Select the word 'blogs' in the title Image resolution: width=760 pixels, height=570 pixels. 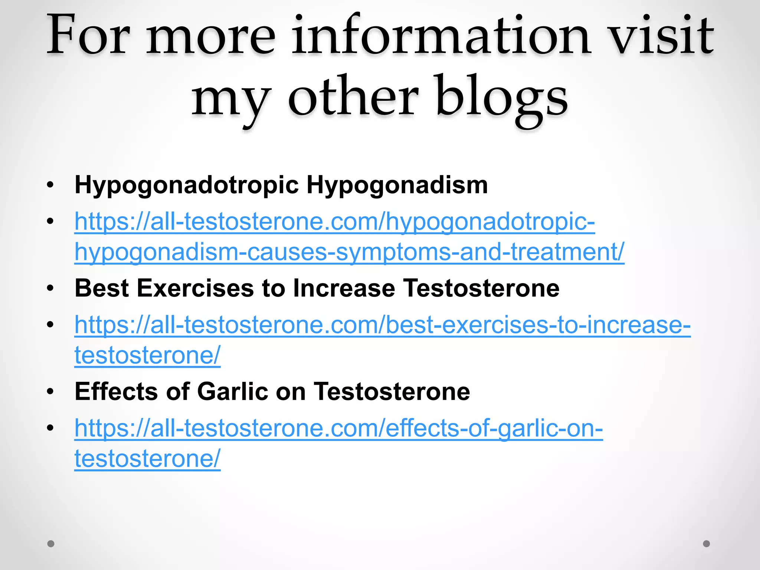tap(502, 98)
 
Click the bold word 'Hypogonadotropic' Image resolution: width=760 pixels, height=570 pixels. tap(186, 185)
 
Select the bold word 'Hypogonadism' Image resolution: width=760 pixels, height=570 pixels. tap(397, 185)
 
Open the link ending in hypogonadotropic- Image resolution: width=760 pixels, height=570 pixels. tap(334, 222)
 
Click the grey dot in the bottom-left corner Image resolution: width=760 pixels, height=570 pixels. tap(51, 544)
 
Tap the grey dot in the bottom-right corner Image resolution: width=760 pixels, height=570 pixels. tap(707, 544)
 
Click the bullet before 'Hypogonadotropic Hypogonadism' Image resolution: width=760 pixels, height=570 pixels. tap(50, 185)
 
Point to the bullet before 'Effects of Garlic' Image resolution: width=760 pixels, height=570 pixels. tap(50, 392)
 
